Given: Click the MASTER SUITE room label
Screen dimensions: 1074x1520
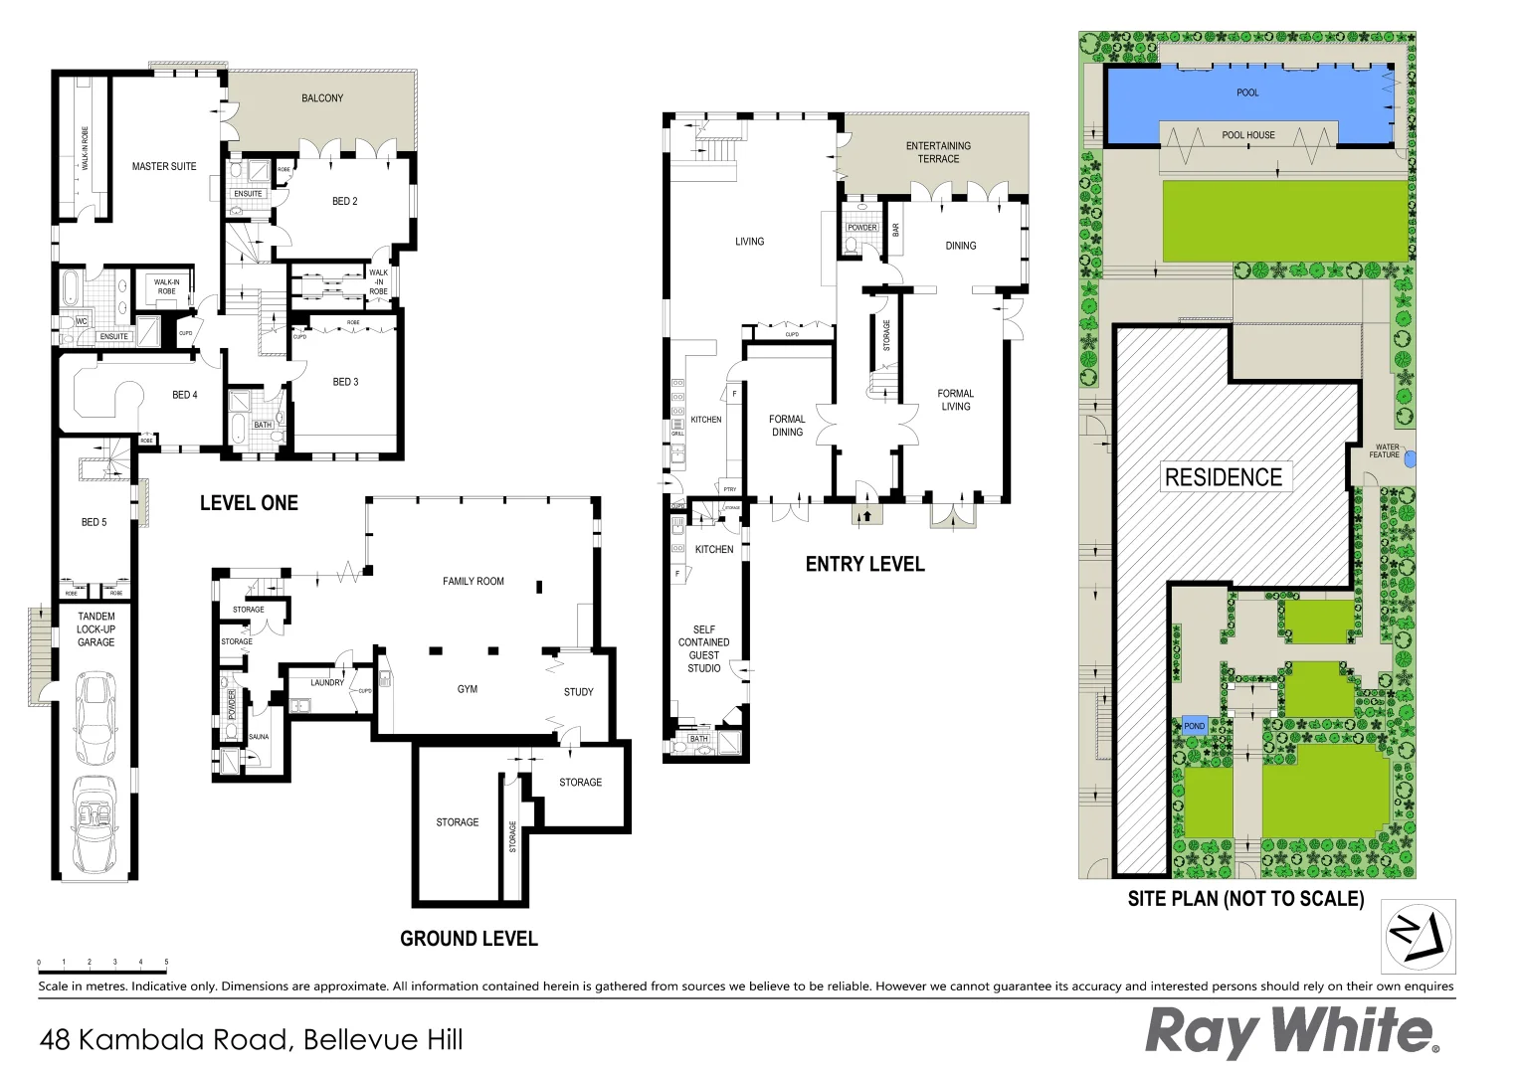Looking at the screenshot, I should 164,166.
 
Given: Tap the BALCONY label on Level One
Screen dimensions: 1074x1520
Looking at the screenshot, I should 322,98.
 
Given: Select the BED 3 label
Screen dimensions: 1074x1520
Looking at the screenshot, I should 345,382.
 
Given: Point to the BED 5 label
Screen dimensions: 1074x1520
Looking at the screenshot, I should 94,522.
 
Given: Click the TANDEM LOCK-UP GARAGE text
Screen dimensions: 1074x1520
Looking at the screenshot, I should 96,629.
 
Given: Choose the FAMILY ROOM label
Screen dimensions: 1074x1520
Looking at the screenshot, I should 474,582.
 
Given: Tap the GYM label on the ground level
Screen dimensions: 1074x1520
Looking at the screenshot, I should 468,689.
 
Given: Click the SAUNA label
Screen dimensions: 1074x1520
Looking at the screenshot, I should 259,737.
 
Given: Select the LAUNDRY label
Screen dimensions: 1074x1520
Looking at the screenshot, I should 326,683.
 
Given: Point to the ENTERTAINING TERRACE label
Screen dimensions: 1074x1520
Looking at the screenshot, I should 938,152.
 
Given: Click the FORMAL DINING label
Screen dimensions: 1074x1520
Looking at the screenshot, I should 787,426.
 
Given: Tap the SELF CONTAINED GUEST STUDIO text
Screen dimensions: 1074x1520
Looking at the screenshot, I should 703,648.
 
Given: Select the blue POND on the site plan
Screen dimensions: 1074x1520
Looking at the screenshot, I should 1195,726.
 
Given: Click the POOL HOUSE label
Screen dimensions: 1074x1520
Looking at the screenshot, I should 1248,135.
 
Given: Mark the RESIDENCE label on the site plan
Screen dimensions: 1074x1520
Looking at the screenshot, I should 1224,477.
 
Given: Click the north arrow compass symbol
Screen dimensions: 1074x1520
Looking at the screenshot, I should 1419,936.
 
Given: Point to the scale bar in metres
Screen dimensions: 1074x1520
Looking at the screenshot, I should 102,963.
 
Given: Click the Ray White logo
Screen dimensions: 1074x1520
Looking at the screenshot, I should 1291,1032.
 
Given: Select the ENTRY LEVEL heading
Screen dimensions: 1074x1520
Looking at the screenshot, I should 864,564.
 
